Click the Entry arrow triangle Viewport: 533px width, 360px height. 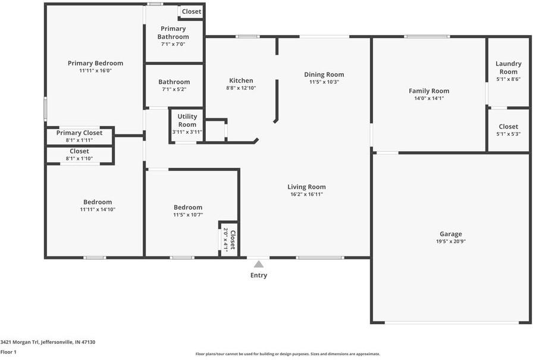pyautogui.click(x=259, y=264)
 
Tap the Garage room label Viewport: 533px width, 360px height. pyautogui.click(x=451, y=234)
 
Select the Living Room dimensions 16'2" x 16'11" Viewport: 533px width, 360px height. pyautogui.click(x=307, y=195)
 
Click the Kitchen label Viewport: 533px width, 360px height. pyautogui.click(x=241, y=81)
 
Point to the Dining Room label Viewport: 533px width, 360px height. pyautogui.click(x=324, y=74)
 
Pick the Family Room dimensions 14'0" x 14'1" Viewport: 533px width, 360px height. pyautogui.click(x=428, y=99)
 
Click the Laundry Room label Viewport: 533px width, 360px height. pyautogui.click(x=508, y=67)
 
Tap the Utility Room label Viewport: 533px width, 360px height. pyautogui.click(x=187, y=120)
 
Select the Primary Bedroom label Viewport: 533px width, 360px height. pyautogui.click(x=95, y=63)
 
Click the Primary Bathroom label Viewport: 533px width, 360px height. pyautogui.click(x=173, y=33)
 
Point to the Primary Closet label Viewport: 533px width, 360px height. pyautogui.click(x=79, y=133)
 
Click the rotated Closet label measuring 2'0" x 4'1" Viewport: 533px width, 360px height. pyautogui.click(x=233, y=240)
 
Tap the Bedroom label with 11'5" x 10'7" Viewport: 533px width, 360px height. pyautogui.click(x=188, y=207)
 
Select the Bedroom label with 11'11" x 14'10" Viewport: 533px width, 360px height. pyautogui.click(x=98, y=202)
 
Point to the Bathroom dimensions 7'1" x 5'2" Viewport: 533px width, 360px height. pyautogui.click(x=174, y=89)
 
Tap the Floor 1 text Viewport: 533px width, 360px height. pyautogui.click(x=8, y=352)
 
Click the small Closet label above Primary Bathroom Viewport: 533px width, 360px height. pyautogui.click(x=192, y=11)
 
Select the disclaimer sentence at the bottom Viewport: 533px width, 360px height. pyautogui.click(x=288, y=354)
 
